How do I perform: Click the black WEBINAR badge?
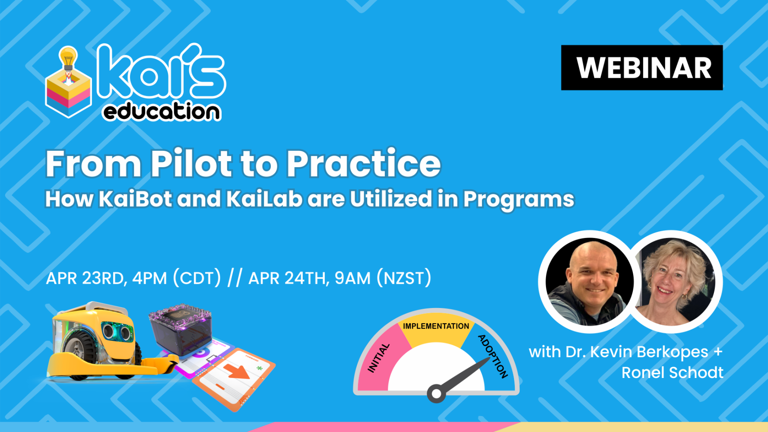point(641,68)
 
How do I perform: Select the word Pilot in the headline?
point(191,164)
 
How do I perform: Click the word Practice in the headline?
point(363,164)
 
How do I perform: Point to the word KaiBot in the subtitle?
point(135,199)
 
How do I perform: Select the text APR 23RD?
point(85,278)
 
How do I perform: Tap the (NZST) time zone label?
point(403,278)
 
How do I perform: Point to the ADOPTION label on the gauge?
point(493,356)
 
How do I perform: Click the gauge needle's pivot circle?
point(436,394)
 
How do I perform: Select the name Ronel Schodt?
point(672,372)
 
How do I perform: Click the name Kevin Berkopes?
point(649,352)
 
